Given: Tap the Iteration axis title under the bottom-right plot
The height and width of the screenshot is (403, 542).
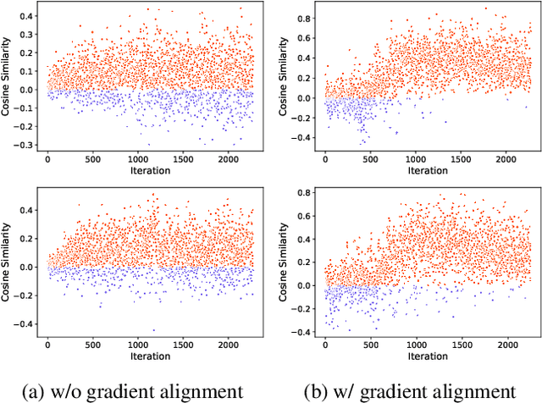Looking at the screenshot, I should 428,357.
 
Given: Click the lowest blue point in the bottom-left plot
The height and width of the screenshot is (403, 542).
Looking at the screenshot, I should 153,330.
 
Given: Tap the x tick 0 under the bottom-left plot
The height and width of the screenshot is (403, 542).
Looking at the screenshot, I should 47,345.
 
